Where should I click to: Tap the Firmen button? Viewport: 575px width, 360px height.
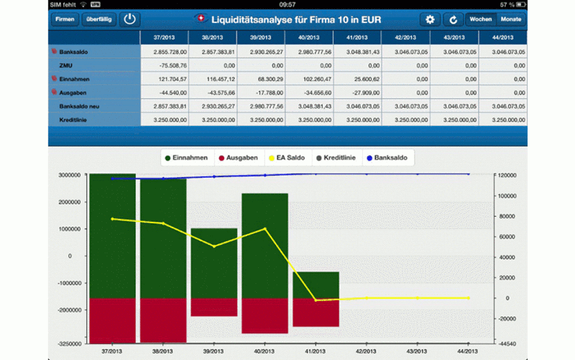coord(65,19)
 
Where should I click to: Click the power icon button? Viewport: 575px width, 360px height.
coord(130,19)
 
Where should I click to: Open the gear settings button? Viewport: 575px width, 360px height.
coord(430,19)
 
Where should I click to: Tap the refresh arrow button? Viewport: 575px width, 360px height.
coord(453,19)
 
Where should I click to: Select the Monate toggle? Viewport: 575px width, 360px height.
coord(511,19)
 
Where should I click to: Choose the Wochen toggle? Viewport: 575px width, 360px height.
coord(480,19)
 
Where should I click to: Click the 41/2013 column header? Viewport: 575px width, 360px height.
coord(357,38)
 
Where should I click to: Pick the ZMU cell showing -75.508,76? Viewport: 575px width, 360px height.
coord(173,66)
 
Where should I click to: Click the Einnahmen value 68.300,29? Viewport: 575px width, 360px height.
coord(266,79)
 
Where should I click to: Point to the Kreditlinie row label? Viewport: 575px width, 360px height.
coord(73,120)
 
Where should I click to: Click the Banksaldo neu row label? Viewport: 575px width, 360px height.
coord(79,106)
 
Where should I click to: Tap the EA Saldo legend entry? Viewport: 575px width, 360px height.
coord(286,158)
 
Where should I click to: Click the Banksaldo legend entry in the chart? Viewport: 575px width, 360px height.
coord(387,158)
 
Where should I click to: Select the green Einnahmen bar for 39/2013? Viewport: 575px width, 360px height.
coord(214,263)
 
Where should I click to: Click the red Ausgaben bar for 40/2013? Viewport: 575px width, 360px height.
coord(264,316)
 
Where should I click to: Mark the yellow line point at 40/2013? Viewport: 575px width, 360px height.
coord(264,229)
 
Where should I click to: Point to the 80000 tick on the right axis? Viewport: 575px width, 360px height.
coord(507,217)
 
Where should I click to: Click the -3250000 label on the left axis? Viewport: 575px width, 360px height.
coord(70,344)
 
